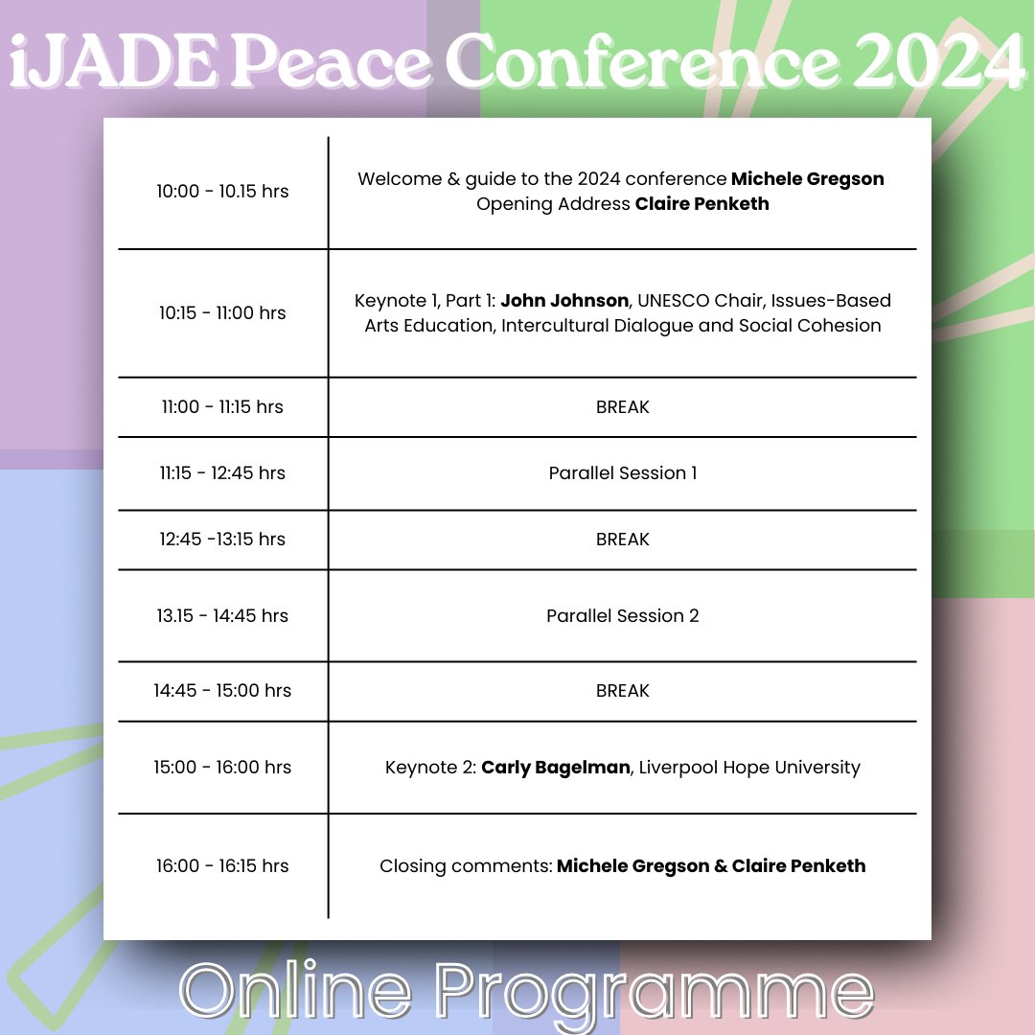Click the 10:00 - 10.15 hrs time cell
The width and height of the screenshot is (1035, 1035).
[222, 191]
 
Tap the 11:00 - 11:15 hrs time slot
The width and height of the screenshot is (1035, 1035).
[222, 406]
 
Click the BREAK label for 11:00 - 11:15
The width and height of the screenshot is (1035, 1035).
[622, 406]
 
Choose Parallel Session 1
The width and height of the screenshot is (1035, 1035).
[622, 472]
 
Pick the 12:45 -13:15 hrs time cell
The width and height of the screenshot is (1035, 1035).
[222, 539]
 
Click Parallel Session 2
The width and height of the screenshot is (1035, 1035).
[622, 615]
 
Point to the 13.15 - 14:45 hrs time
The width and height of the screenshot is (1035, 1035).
[222, 615]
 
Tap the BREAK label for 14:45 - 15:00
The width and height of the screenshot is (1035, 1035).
[622, 690]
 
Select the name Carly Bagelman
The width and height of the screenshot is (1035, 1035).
[556, 767]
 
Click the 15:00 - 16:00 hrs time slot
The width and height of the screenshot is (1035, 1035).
[222, 767]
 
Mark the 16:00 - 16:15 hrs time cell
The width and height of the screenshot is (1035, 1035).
[222, 865]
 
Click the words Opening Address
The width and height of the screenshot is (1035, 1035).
[553, 203]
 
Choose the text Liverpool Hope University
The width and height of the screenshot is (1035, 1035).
[749, 767]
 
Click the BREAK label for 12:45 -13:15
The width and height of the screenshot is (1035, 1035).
[622, 539]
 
